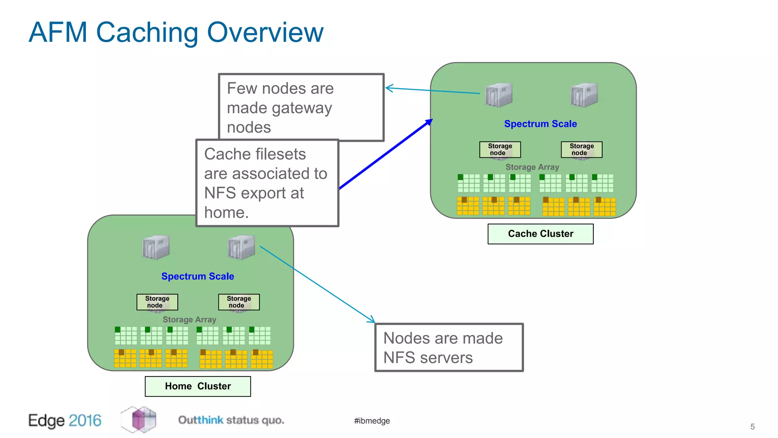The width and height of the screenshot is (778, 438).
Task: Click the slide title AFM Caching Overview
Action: (176, 33)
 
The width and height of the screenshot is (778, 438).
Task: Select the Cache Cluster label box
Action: (540, 233)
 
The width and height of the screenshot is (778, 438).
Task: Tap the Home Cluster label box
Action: (198, 386)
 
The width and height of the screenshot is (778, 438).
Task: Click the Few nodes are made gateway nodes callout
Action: (301, 107)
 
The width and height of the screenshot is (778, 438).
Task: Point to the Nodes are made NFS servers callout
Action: (449, 347)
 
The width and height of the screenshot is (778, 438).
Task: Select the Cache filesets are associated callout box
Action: (267, 183)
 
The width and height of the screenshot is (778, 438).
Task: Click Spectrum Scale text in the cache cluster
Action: (540, 124)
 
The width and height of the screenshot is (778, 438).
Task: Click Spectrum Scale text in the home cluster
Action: (198, 276)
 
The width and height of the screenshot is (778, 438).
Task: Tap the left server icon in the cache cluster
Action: (499, 95)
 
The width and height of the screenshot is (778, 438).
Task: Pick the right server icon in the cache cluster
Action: (583, 95)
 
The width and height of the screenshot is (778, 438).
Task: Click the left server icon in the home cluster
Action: (156, 248)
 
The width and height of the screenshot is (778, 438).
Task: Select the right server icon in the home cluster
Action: (241, 248)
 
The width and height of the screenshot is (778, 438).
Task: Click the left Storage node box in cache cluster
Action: (500, 149)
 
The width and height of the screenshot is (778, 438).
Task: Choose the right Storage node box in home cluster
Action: (239, 302)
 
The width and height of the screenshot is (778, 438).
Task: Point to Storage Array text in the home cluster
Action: (189, 320)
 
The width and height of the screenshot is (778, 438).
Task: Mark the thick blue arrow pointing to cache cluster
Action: (386, 154)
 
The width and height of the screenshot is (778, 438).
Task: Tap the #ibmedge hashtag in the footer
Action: (372, 421)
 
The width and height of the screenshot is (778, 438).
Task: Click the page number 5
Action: (752, 427)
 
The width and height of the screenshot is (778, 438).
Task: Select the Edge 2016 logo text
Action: (65, 421)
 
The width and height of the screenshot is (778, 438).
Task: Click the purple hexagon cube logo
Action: (139, 419)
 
